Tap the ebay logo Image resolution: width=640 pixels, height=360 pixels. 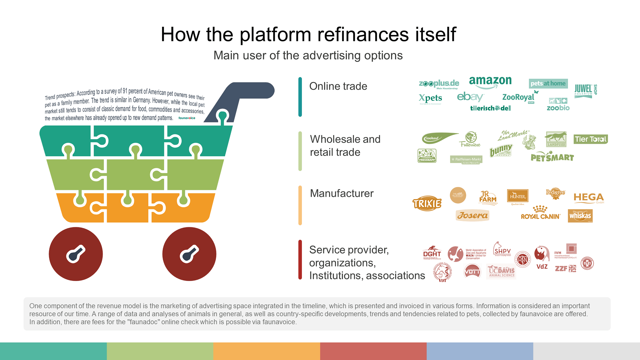470,97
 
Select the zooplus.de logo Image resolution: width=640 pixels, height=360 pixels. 439,84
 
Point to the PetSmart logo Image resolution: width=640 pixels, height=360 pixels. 552,157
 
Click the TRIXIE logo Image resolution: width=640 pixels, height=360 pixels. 427,203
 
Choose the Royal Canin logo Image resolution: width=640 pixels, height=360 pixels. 540,213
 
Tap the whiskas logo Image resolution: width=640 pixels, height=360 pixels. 580,216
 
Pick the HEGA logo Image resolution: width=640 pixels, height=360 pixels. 588,198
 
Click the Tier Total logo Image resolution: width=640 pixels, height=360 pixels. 591,139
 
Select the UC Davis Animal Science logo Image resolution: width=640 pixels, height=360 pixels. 501,271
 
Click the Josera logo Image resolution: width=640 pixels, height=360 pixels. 472,215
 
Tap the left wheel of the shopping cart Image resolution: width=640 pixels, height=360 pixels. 76,254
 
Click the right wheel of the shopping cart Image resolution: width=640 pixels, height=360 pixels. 189,254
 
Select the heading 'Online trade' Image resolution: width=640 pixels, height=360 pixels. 338,86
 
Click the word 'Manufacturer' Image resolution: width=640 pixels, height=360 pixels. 342,193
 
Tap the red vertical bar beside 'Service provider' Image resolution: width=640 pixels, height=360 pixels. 300,260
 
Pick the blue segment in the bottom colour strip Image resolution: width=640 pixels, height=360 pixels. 480,351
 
